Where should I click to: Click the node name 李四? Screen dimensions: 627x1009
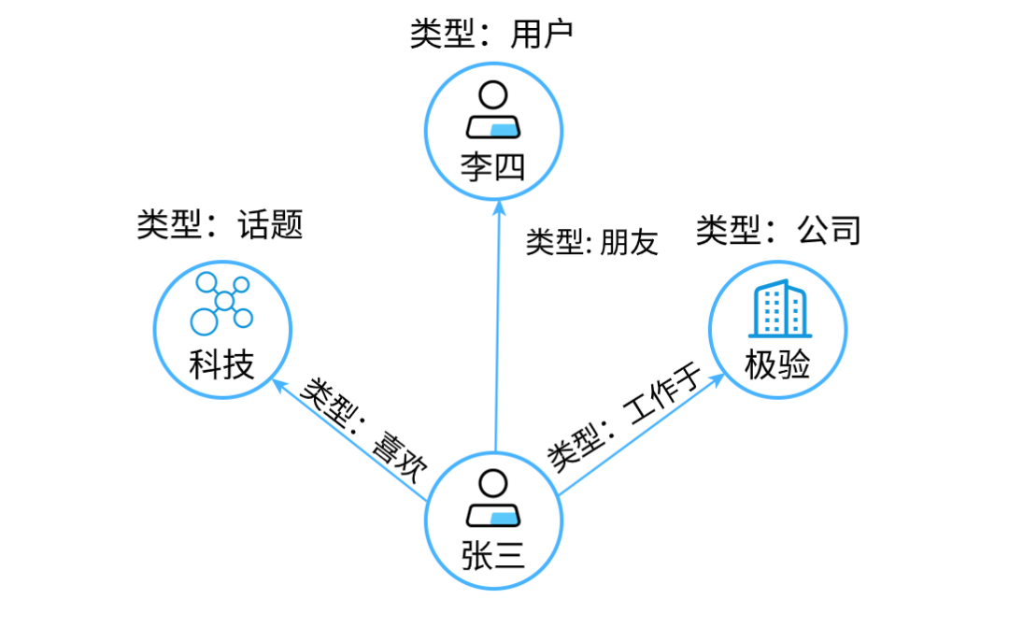click(493, 167)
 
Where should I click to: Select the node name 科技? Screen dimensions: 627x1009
click(222, 364)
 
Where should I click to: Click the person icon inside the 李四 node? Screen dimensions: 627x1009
click(493, 110)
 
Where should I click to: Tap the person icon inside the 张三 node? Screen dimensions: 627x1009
click(493, 499)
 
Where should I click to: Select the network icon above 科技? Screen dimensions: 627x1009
click(221, 304)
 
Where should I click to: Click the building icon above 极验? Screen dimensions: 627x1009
click(777, 310)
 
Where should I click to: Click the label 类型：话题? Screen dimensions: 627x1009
click(220, 225)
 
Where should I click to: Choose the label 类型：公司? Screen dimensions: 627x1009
click(777, 230)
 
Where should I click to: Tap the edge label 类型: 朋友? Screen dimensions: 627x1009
click(592, 243)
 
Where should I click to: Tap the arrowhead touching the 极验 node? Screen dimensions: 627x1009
click(720, 378)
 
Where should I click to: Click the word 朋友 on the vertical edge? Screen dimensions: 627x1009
click(630, 243)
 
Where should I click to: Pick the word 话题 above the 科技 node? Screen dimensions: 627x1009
click(271, 225)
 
